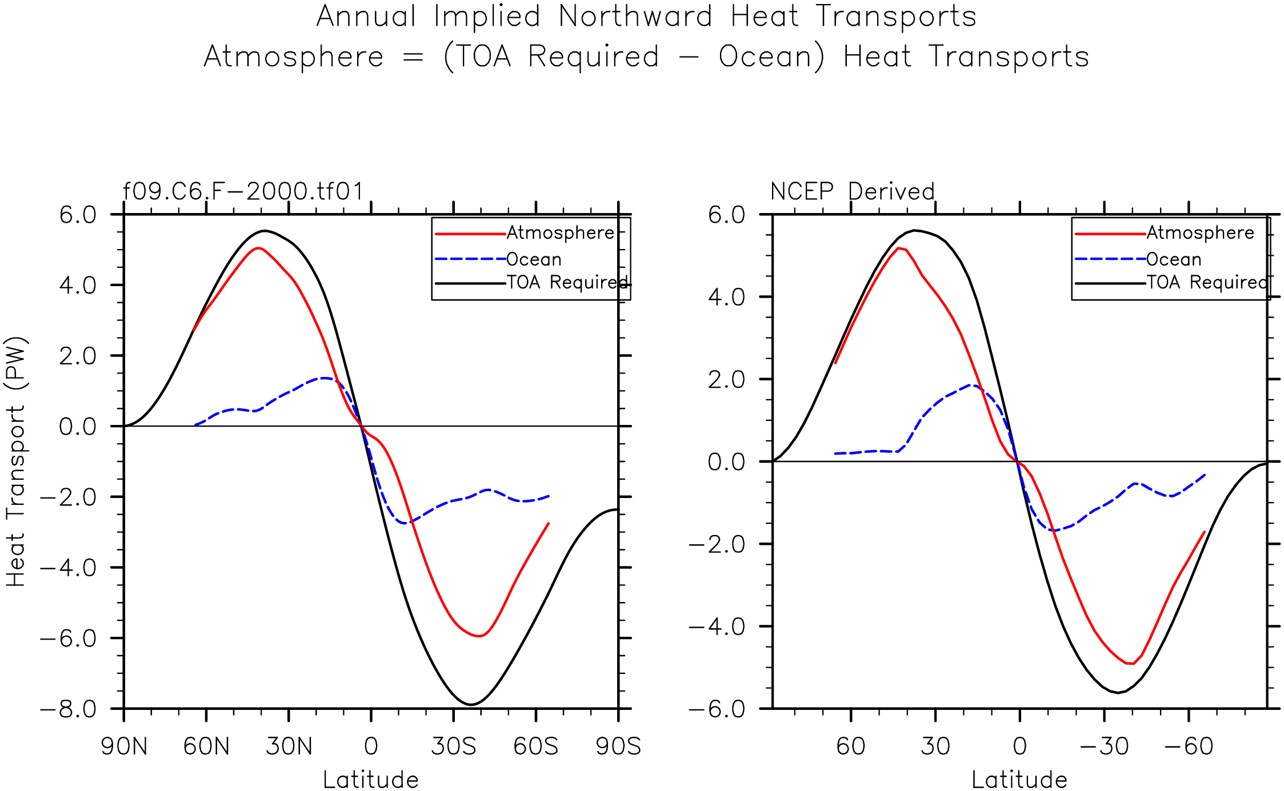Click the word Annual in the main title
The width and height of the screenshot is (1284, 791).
366,17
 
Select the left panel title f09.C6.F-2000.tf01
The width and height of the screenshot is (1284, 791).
243,191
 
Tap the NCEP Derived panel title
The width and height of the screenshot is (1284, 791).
852,191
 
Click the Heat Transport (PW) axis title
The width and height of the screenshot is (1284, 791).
17,461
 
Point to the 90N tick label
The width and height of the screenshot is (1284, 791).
124,746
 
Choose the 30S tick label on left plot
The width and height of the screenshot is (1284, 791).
453,746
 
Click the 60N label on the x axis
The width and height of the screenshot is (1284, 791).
206,746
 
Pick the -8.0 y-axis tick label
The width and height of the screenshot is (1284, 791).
69,709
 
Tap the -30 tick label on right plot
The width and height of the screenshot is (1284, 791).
1104,746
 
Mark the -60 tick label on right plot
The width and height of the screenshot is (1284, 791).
1189,746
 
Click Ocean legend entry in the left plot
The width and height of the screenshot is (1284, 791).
534,259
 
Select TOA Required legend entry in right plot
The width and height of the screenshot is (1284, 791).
1207,282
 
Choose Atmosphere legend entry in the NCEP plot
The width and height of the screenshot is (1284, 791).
1200,233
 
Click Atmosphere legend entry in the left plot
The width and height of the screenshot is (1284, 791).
560,233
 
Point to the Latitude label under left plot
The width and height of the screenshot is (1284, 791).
371,780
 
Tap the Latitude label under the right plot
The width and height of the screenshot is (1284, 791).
1019,780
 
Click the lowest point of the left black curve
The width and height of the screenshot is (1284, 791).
471,704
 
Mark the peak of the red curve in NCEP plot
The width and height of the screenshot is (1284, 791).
899,248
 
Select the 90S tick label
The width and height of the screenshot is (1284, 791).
618,746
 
